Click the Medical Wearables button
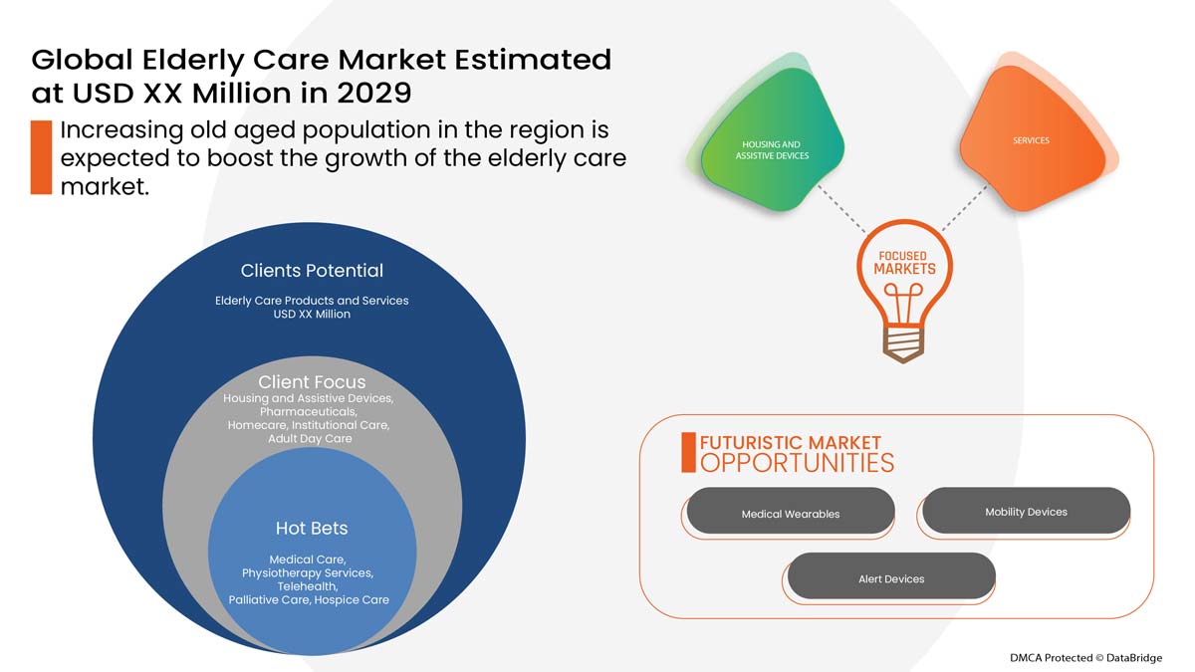[790, 513]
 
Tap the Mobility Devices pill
[1026, 511]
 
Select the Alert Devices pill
[891, 577]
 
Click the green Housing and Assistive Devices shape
[773, 150]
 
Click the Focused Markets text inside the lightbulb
[904, 263]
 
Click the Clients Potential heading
[312, 271]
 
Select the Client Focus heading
[312, 382]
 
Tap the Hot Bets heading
[312, 528]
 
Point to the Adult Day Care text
[310, 439]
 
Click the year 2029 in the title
[372, 94]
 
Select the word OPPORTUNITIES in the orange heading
[797, 463]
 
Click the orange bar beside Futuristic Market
[688, 452]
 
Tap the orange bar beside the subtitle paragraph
[41, 157]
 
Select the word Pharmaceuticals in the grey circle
[309, 411]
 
